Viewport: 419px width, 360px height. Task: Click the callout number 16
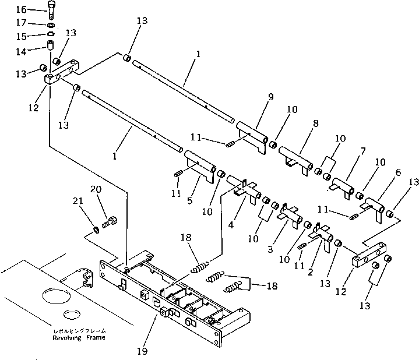pos(21,9)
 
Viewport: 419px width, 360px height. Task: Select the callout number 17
pos(21,23)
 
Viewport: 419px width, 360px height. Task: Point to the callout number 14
pos(21,51)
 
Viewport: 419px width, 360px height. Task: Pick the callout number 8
pos(316,123)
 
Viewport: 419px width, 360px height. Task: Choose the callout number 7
pos(362,151)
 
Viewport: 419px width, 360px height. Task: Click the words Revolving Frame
pos(81,338)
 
